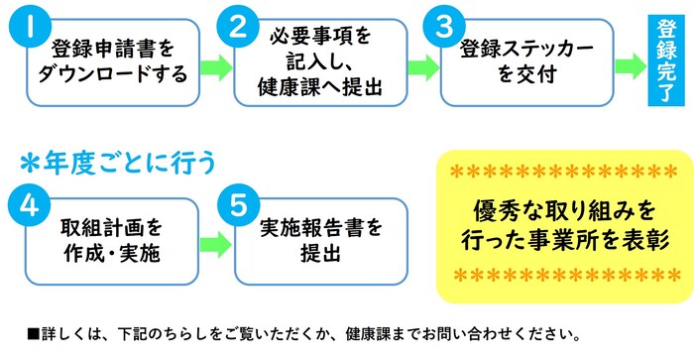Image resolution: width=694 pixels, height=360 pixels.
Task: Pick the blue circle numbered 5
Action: pos(235,205)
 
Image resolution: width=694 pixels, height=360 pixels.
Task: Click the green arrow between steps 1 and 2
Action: pos(214,67)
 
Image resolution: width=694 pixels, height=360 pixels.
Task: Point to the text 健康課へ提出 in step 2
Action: pos(319,84)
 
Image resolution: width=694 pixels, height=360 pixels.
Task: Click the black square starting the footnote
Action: pos(33,332)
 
